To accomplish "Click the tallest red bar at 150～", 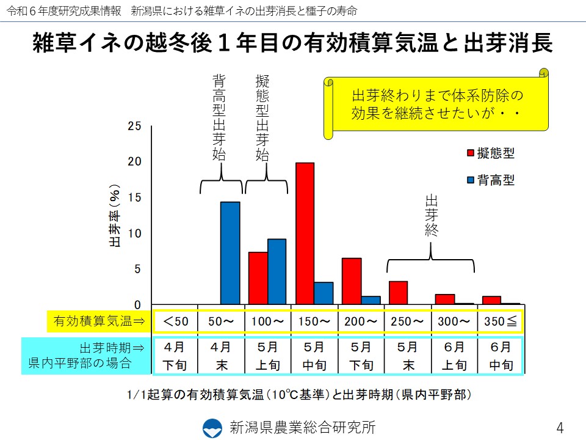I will point(305,233).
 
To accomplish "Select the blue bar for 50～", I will point(230,253).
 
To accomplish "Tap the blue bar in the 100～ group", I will point(277,271).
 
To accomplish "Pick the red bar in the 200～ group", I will point(352,281).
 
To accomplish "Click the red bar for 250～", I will point(398,293).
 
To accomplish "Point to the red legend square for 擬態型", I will point(471,152).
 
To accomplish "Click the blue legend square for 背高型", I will point(471,180).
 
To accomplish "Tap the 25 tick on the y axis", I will point(134,127).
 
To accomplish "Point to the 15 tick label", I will point(134,197).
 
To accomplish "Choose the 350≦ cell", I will point(501,321).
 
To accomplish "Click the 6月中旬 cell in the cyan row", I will point(501,356).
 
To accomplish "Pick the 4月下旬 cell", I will point(175,356).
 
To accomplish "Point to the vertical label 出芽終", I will point(432,216).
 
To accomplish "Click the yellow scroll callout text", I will point(438,105).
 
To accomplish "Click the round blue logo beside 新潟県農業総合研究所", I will point(213,427).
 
